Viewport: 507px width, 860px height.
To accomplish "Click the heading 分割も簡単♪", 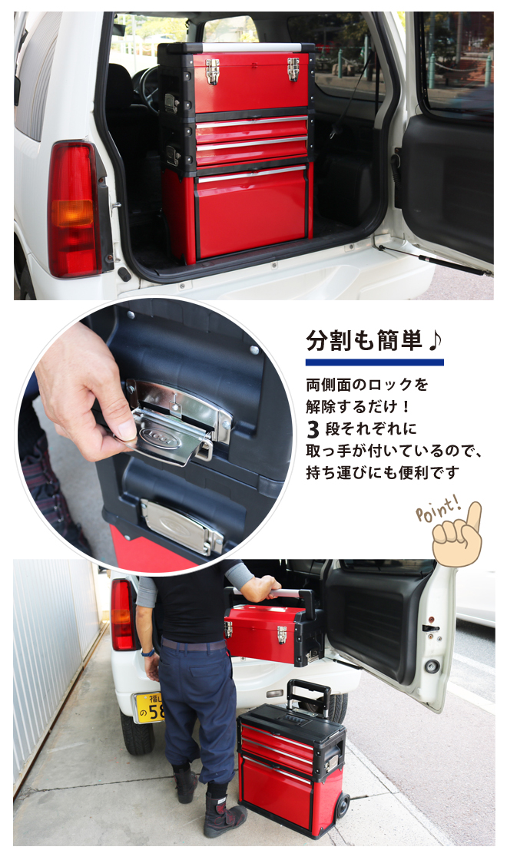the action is point(373,341).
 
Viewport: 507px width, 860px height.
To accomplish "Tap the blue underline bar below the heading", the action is point(374,362).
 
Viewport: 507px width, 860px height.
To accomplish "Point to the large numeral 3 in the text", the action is point(313,429).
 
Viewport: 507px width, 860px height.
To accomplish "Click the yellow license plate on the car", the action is point(148,707).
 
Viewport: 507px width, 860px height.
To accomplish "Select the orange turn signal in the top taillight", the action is point(72,213).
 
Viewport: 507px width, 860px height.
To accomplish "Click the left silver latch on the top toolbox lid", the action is point(212,71).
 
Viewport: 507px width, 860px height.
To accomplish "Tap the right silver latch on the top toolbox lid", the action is point(293,69).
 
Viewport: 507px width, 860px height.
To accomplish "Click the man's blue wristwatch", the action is point(147,653).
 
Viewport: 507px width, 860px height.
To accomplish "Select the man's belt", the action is point(193,644).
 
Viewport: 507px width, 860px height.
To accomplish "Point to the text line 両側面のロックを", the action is point(367,385).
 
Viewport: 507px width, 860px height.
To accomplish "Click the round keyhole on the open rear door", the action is point(432,666).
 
